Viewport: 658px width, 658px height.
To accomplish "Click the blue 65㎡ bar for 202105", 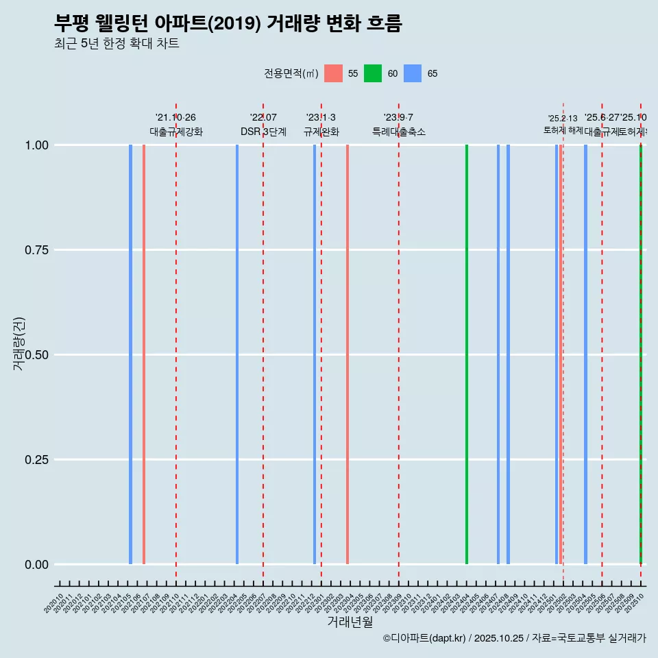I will click(x=130, y=354).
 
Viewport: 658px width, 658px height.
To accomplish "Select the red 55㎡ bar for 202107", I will click(x=144, y=354).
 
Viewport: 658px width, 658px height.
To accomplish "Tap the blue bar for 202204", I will click(x=237, y=354).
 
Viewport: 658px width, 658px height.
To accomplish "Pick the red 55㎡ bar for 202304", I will click(x=348, y=354).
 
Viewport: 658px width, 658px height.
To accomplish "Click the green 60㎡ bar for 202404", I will click(x=467, y=354).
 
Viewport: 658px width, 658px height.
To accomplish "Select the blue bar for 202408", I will click(x=508, y=354).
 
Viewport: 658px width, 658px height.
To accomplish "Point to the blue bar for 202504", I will click(x=585, y=354).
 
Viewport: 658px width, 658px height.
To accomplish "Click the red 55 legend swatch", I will click(x=333, y=73).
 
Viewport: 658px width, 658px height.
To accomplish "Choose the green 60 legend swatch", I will click(x=373, y=73).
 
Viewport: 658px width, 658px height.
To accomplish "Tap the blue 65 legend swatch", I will click(x=413, y=73).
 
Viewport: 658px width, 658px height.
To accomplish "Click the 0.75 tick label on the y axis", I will click(x=36, y=249).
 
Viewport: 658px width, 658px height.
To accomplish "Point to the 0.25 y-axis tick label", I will click(x=36, y=459).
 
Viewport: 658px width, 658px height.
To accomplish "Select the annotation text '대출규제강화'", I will click(x=176, y=132).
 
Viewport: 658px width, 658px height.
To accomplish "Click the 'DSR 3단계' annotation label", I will click(x=263, y=132).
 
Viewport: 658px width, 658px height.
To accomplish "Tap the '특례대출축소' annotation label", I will click(x=399, y=132).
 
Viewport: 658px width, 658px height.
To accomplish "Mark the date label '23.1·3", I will click(x=321, y=118).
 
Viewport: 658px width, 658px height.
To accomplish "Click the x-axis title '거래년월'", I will click(x=350, y=622).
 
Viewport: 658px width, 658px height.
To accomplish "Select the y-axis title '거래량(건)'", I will click(x=19, y=344).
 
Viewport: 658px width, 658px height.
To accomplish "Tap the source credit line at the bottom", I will click(x=514, y=639).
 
